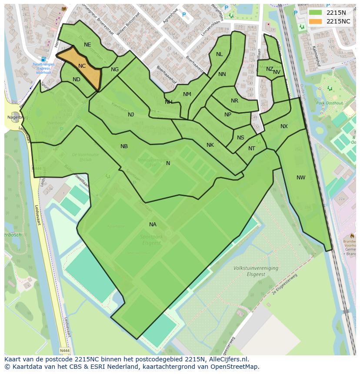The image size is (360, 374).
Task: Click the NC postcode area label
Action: (82, 66)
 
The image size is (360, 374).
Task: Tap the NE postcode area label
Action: (87, 45)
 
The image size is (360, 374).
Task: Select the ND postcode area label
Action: (77, 79)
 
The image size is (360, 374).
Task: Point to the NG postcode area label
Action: (115, 70)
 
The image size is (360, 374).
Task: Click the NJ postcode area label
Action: (131, 115)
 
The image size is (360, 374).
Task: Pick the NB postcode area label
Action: (124, 146)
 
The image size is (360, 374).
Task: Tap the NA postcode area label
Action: (153, 225)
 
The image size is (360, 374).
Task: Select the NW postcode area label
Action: (301, 178)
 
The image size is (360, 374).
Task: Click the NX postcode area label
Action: (284, 126)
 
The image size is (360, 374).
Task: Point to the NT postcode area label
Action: (252, 149)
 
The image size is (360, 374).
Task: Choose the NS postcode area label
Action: (240, 138)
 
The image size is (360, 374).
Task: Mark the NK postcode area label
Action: (210, 145)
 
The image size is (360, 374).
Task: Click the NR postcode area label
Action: (234, 101)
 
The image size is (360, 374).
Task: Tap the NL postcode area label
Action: (219, 54)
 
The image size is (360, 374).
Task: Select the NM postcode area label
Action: (187, 94)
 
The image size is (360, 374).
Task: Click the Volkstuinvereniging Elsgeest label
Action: (255, 271)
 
